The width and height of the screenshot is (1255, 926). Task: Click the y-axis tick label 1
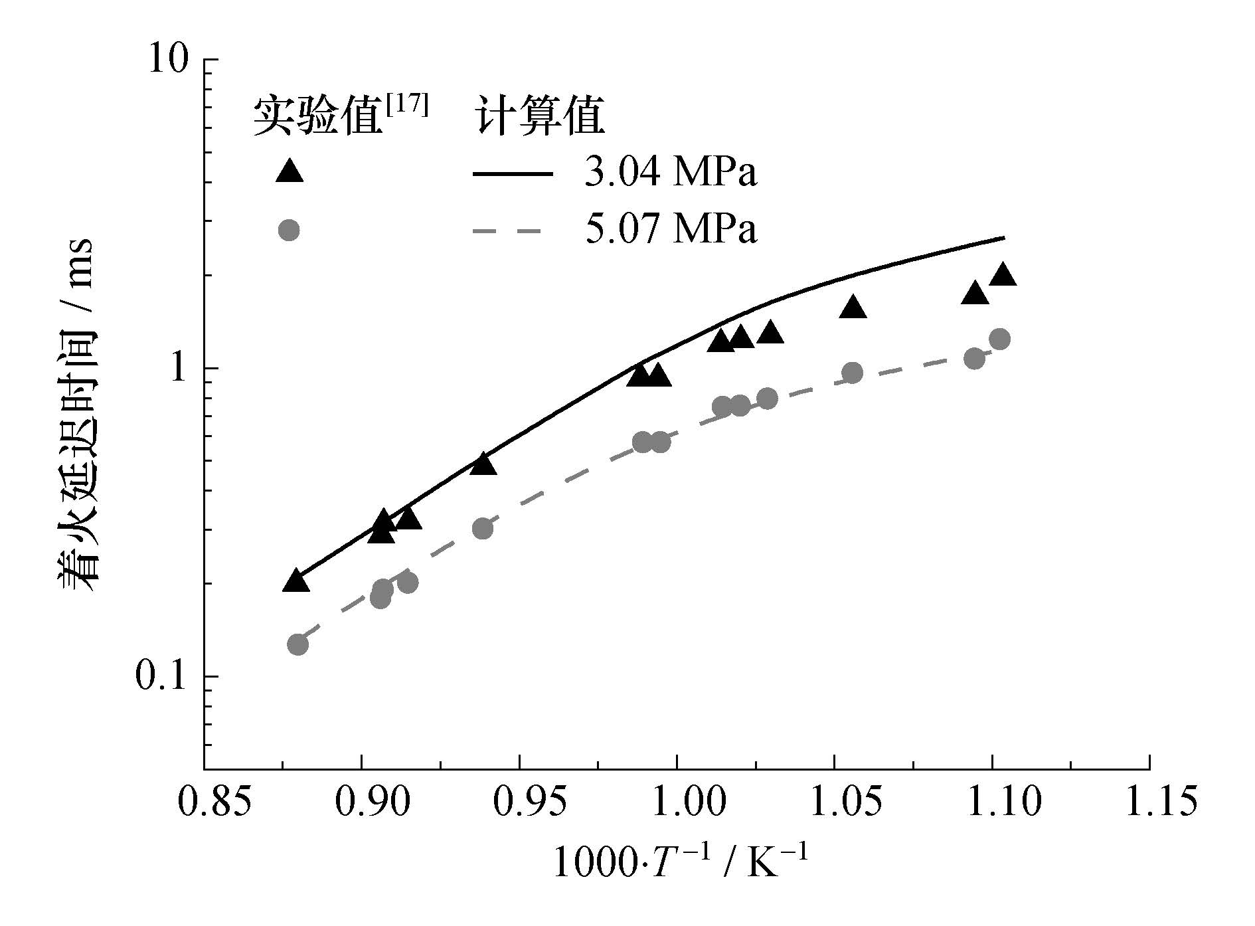click(178, 368)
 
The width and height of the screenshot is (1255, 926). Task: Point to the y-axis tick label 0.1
click(161, 676)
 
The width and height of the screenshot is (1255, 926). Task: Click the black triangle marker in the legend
click(289, 171)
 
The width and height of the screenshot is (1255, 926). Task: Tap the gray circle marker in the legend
click(289, 231)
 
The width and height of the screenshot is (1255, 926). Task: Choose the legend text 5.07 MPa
click(671, 231)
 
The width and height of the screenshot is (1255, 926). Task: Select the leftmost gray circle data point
click(298, 644)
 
